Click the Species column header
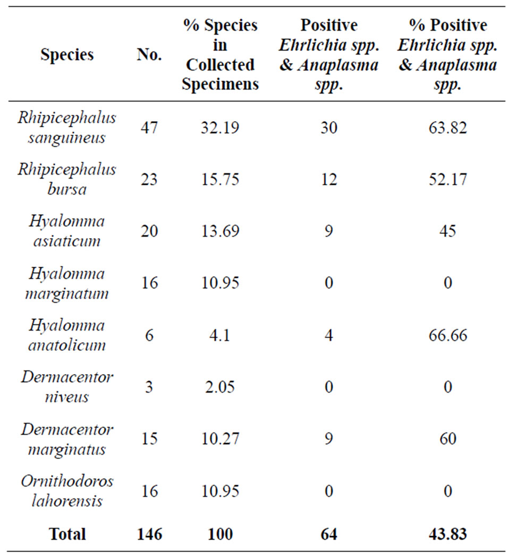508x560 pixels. [x=67, y=55]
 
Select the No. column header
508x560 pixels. [x=149, y=55]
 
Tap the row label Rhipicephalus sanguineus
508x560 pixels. [x=67, y=128]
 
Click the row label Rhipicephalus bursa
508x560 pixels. [x=67, y=179]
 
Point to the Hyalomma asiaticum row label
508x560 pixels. [x=67, y=231]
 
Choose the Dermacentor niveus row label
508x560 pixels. [x=67, y=387]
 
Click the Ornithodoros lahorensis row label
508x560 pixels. [x=67, y=491]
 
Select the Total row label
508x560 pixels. [x=67, y=534]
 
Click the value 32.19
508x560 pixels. [x=219, y=128]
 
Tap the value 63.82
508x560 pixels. [x=447, y=128]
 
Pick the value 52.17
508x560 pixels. [x=447, y=179]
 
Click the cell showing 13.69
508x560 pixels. [x=219, y=231]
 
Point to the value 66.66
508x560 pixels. [x=447, y=335]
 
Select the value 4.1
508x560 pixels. [x=219, y=335]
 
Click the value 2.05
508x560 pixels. [x=219, y=387]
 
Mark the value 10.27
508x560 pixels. [x=219, y=438]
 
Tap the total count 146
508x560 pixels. [x=149, y=534]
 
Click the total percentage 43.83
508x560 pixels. [x=447, y=534]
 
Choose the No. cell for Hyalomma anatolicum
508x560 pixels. [x=149, y=335]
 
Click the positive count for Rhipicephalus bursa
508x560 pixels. [x=329, y=179]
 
